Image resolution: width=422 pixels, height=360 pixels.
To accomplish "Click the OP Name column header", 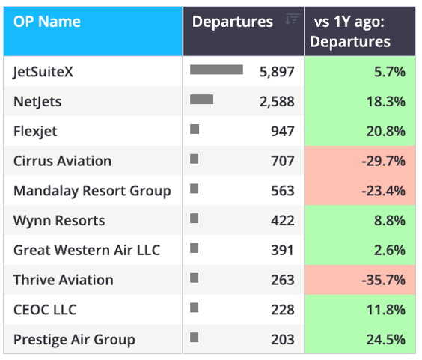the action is [47, 22].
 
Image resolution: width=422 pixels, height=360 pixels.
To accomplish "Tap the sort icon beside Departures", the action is [293, 19].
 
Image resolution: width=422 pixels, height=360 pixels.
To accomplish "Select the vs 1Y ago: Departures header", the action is [349, 31].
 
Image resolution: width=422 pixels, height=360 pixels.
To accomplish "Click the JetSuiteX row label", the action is [43, 72].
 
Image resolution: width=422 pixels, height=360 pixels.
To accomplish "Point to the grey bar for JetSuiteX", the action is [216, 70].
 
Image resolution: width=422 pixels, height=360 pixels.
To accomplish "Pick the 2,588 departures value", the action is [277, 102].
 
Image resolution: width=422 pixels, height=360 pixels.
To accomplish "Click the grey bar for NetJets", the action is [201, 100].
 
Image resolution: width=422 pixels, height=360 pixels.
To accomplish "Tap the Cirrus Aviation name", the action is [62, 161].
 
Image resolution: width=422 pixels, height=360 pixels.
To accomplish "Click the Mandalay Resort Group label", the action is [92, 191].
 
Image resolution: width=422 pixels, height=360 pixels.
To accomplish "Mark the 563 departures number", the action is [283, 191].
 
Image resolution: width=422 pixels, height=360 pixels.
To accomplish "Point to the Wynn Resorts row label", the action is [59, 221].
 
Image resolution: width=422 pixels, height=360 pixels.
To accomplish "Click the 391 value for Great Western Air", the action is [282, 251].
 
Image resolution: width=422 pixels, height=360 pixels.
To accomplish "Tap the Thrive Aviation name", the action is [64, 280].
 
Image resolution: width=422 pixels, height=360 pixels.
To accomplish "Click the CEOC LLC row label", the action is [45, 310].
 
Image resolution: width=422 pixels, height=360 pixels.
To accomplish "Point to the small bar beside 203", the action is [194, 337].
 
